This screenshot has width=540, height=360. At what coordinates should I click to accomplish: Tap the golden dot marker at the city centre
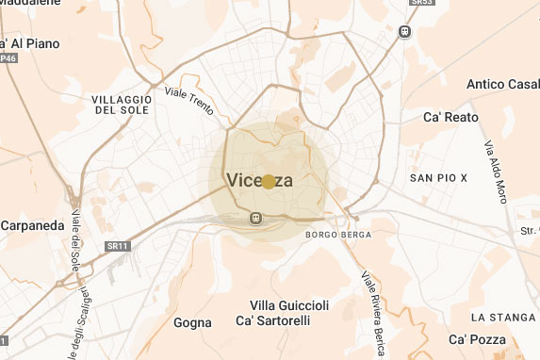pyautogui.click(x=269, y=181)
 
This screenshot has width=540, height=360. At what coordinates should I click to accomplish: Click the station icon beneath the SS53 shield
pyautogui.click(x=405, y=29)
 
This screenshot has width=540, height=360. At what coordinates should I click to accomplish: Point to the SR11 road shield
pyautogui.click(x=112, y=245)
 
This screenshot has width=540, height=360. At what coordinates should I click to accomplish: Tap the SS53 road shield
pyautogui.click(x=404, y=4)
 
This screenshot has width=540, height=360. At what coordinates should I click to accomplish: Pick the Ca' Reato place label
pyautogui.click(x=450, y=118)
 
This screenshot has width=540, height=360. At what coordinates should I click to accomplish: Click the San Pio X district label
pyautogui.click(x=438, y=177)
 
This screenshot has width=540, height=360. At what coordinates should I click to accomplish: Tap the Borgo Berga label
pyautogui.click(x=338, y=234)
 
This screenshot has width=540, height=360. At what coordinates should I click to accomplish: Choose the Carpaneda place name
pyautogui.click(x=32, y=226)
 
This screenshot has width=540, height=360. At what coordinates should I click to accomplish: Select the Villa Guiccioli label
pyautogui.click(x=289, y=305)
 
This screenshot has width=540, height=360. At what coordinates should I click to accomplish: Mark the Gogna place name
pyautogui.click(x=192, y=322)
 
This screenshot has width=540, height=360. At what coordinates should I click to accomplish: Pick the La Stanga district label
pyautogui.click(x=503, y=317)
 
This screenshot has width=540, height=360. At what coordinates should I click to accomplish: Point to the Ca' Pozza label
pyautogui.click(x=477, y=339)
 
